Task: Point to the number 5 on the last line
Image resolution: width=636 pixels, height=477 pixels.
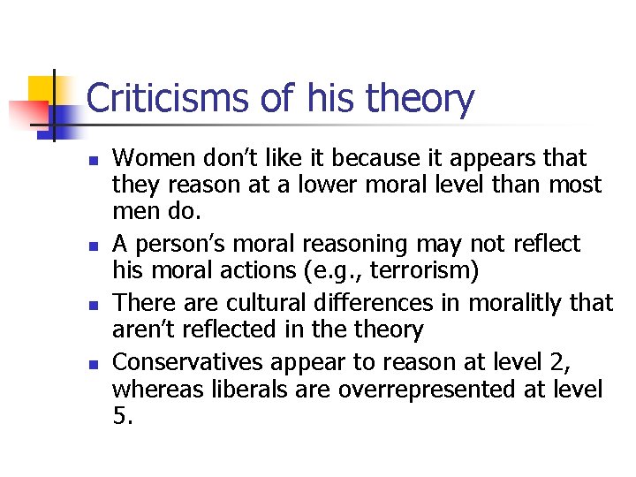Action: [121, 417]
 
